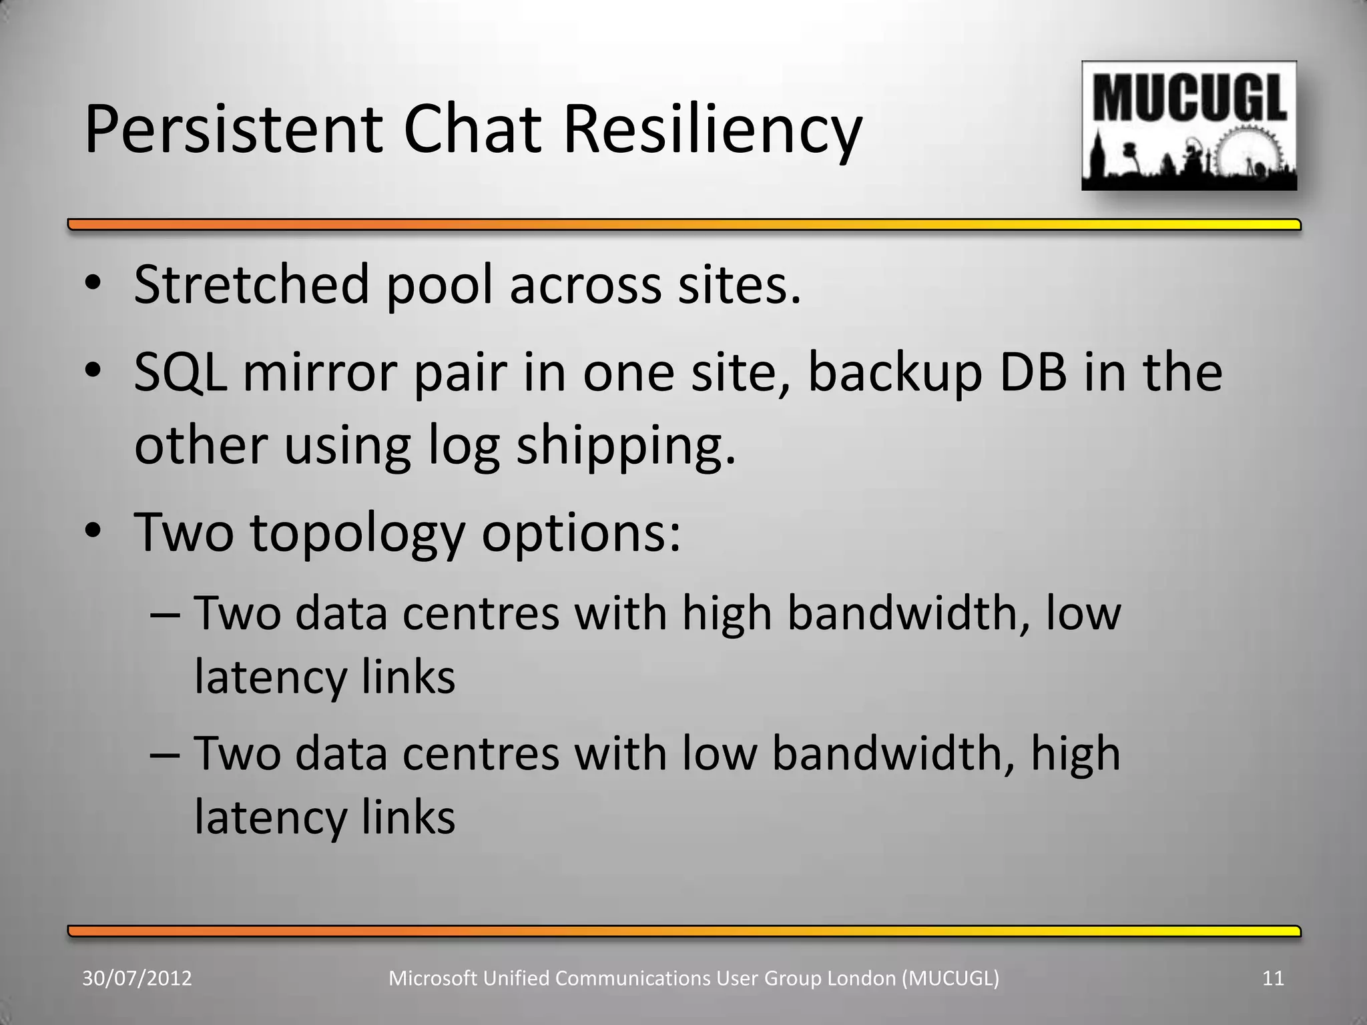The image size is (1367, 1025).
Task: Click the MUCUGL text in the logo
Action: click(x=1189, y=98)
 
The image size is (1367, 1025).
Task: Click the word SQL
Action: click(x=180, y=372)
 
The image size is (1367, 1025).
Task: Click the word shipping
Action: click(x=626, y=446)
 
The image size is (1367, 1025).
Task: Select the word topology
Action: click(x=357, y=533)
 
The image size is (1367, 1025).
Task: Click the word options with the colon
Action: click(x=581, y=533)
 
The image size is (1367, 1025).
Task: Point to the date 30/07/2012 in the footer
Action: click(x=137, y=978)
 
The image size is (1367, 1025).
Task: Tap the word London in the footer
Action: click(x=862, y=978)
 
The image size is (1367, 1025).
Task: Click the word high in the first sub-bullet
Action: click(x=726, y=613)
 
